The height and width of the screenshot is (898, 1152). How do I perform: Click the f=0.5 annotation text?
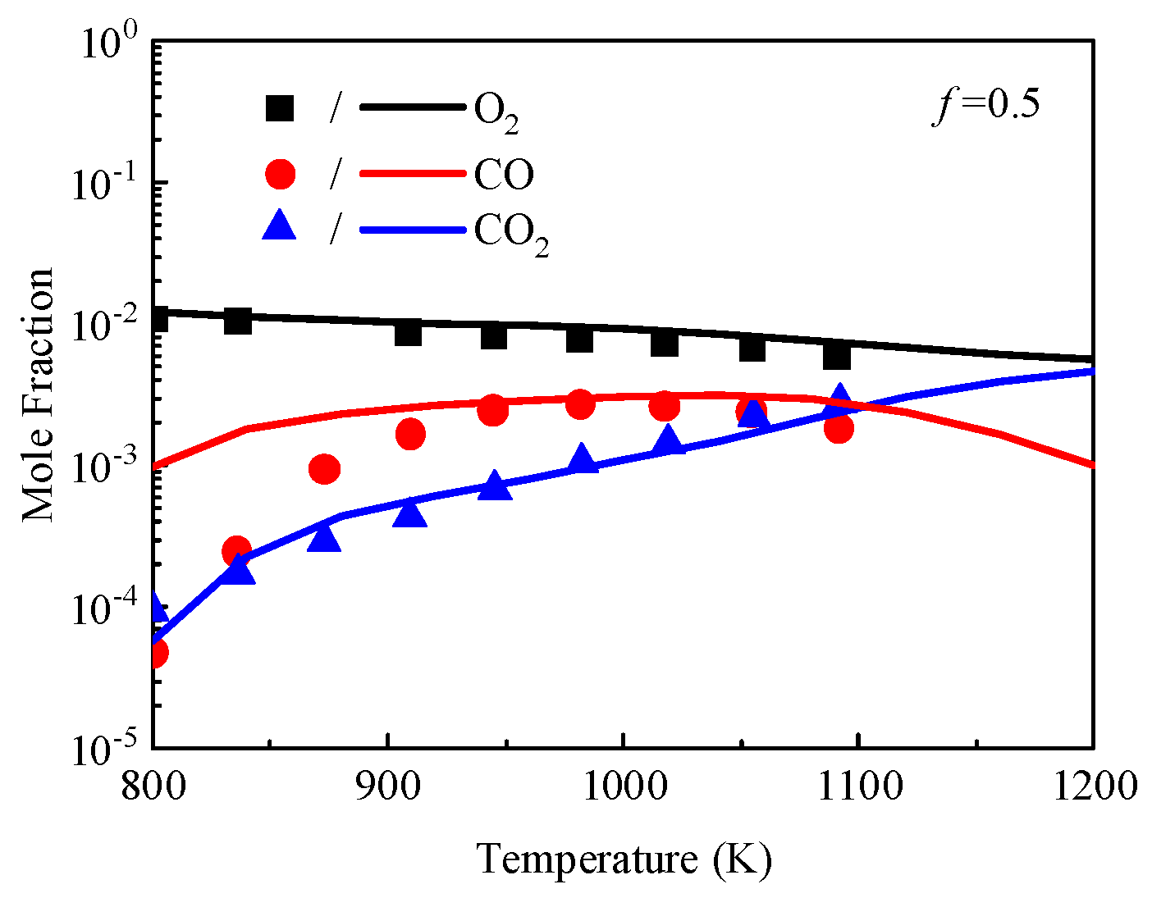(x=986, y=106)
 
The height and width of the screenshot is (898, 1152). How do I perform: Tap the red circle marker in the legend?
(x=280, y=173)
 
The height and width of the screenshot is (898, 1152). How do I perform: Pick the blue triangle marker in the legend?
(x=279, y=225)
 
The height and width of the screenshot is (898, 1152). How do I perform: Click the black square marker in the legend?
(x=280, y=107)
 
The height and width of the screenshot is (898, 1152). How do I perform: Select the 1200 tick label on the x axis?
(x=1092, y=788)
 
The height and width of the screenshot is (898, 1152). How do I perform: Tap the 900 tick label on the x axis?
(x=387, y=788)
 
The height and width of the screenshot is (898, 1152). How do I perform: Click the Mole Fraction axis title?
(x=38, y=394)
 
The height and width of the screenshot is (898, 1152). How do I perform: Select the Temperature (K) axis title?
(x=624, y=859)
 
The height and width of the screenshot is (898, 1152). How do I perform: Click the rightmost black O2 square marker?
(x=837, y=356)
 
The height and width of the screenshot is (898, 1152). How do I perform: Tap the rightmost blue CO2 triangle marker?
(x=839, y=399)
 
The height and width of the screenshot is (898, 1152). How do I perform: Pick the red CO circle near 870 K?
(x=324, y=469)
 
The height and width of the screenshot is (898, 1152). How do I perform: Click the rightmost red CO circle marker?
(x=839, y=427)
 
